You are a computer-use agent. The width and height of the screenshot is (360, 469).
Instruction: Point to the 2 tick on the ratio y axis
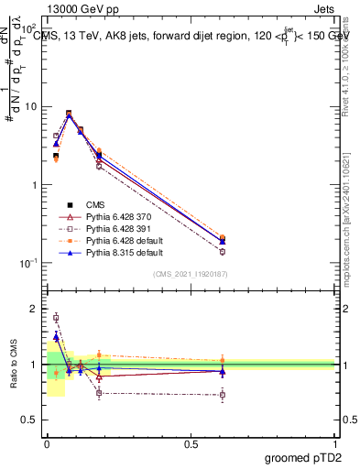tap(33, 309)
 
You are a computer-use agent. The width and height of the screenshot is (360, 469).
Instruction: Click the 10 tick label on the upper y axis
tap(29, 106)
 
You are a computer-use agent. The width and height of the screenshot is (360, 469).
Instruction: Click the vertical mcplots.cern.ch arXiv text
tap(353, 211)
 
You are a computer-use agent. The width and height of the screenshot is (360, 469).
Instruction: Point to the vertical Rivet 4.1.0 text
tap(353, 64)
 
